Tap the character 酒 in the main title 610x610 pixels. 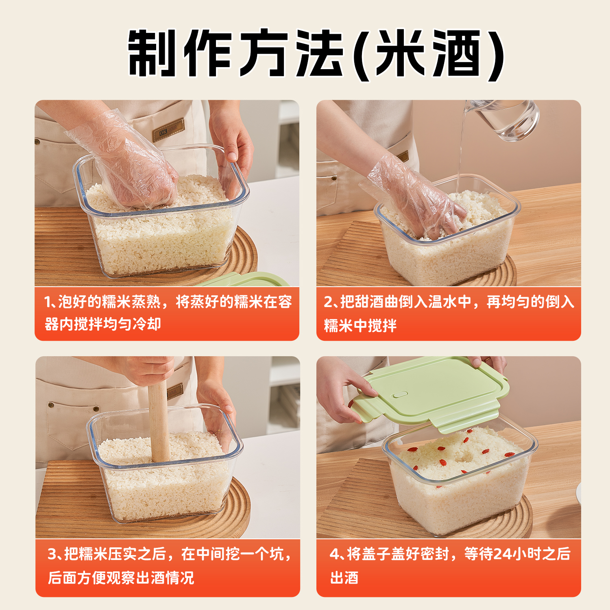[x=456, y=53]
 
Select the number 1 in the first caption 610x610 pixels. [x=48, y=302]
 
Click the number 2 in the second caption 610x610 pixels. [x=329, y=302]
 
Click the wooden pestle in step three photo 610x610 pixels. [x=159, y=423]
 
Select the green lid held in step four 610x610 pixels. [x=431, y=390]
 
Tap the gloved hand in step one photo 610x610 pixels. [x=130, y=167]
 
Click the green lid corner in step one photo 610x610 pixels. [x=248, y=279]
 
